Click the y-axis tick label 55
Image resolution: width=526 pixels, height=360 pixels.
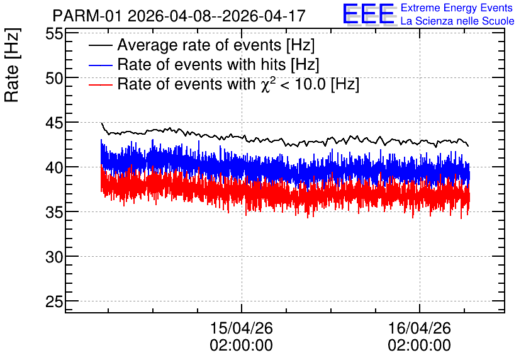click(54, 34)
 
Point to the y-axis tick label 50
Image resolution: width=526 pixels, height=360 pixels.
click(54, 79)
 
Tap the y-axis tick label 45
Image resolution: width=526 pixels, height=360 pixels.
click(54, 123)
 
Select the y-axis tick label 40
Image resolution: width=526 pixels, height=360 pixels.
click(54, 168)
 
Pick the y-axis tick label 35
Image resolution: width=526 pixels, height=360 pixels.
click(54, 212)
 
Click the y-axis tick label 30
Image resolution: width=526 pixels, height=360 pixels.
click(54, 257)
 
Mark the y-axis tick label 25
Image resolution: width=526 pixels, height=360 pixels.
click(54, 302)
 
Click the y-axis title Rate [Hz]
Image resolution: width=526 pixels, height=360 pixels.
click(12, 65)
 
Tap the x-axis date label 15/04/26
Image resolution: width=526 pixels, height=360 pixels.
click(242, 328)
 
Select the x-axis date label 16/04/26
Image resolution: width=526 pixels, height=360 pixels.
click(419, 328)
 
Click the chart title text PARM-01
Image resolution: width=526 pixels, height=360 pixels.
click(87, 16)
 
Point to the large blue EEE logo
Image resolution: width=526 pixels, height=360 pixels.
click(368, 14)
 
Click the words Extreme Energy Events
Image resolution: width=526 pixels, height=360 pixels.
click(457, 8)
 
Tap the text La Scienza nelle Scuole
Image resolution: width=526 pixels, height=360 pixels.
click(457, 21)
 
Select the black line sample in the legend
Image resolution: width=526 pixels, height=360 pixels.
click(101, 45)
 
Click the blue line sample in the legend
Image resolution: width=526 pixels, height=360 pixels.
click(101, 65)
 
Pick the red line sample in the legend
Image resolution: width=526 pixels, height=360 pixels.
click(101, 84)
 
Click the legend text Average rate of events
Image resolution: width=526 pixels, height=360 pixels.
click(199, 45)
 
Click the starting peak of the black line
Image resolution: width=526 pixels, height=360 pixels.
click(102, 123)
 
